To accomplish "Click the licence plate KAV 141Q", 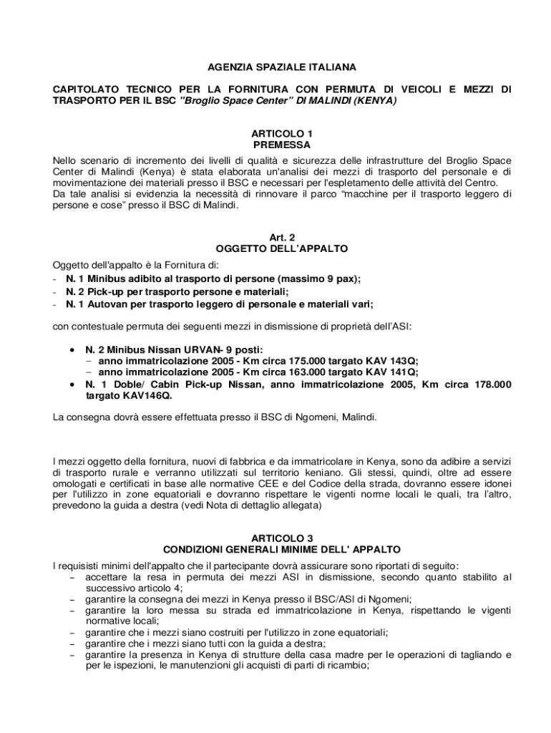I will [x=392, y=372].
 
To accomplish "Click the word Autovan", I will [x=109, y=304].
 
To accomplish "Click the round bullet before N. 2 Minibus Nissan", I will [x=73, y=349].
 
